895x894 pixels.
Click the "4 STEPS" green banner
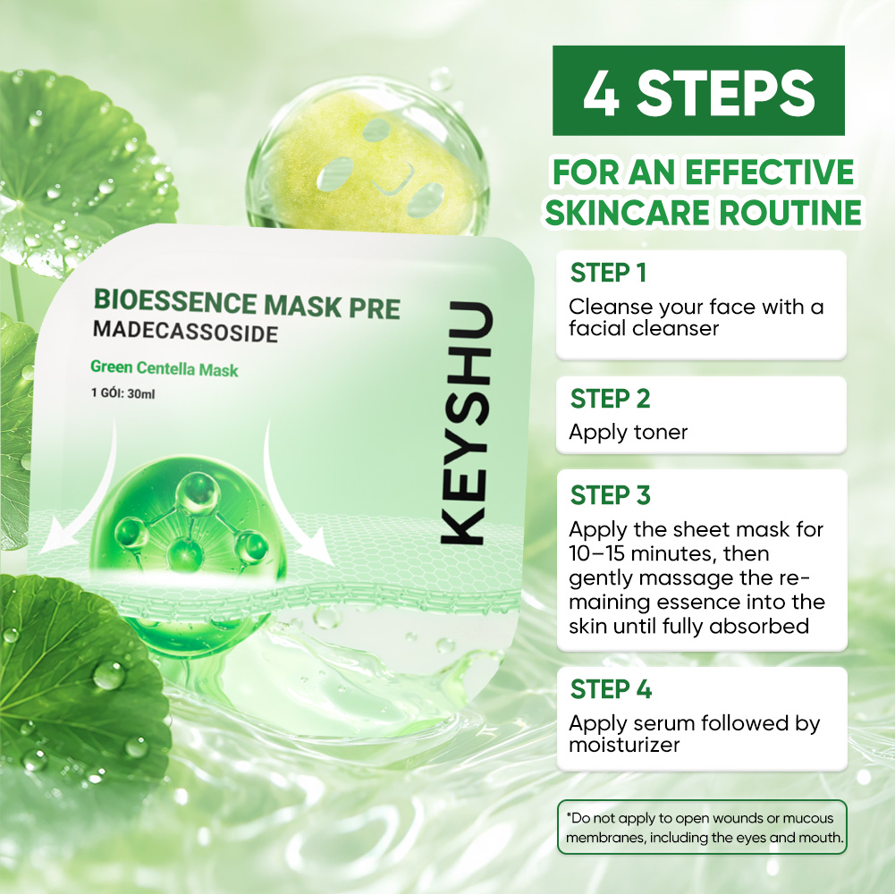click(698, 91)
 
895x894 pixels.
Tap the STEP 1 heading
click(609, 273)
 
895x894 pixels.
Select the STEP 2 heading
click(610, 399)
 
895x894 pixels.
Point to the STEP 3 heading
click(610, 495)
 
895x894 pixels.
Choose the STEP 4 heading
click(611, 689)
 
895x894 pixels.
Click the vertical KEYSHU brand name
click(467, 423)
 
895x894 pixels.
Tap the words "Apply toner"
click(628, 433)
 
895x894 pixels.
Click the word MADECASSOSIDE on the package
click(185, 331)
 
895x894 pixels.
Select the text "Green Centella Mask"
click(165, 369)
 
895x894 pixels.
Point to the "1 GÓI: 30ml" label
click(122, 393)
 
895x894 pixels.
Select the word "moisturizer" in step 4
click(624, 745)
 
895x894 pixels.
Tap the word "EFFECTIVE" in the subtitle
click(770, 172)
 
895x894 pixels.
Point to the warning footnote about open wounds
click(702, 828)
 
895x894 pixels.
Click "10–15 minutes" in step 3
click(652, 553)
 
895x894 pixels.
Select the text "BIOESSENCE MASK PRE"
click(247, 303)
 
